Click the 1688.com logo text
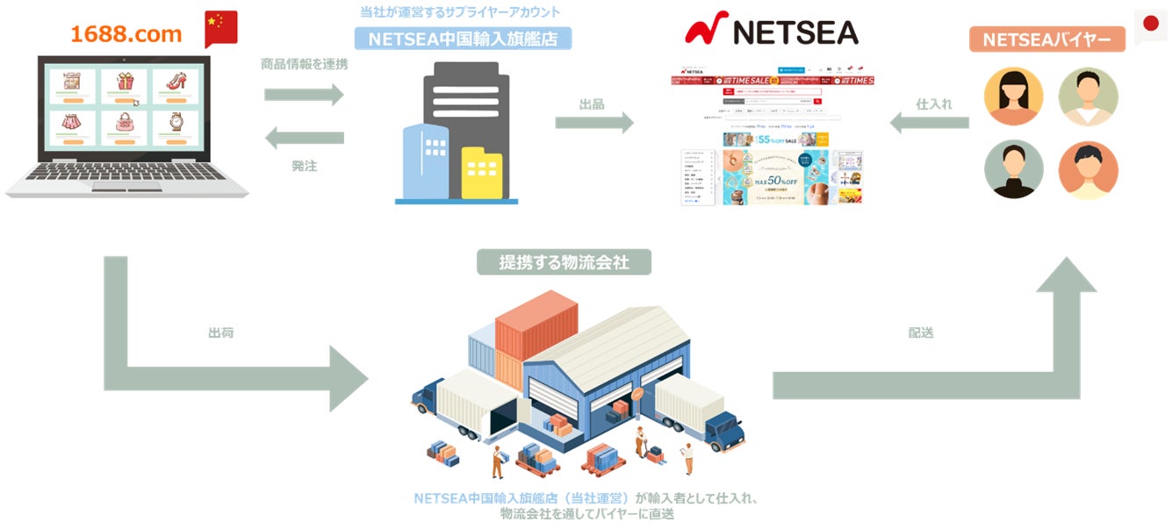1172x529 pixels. (x=126, y=34)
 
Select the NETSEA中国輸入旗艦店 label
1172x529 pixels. (x=463, y=39)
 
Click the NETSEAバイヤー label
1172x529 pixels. (x=1046, y=39)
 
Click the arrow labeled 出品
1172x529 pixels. (x=593, y=123)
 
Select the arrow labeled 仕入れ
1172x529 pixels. (x=930, y=123)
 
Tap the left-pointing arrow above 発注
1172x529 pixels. (x=304, y=138)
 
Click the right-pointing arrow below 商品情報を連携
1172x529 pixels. (x=304, y=94)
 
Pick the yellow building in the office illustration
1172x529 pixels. (x=482, y=173)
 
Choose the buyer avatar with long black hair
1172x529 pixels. (x=1014, y=96)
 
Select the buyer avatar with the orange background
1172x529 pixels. (x=1088, y=169)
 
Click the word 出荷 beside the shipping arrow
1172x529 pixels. (x=220, y=333)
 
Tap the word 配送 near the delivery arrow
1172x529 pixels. (x=921, y=333)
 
